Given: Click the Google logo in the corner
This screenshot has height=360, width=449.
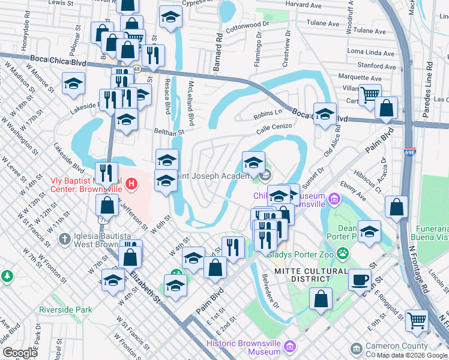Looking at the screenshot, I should tap(20, 353).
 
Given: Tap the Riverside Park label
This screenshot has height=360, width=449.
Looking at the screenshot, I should tap(66, 310).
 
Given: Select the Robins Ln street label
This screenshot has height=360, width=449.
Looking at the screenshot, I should tap(268, 113).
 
